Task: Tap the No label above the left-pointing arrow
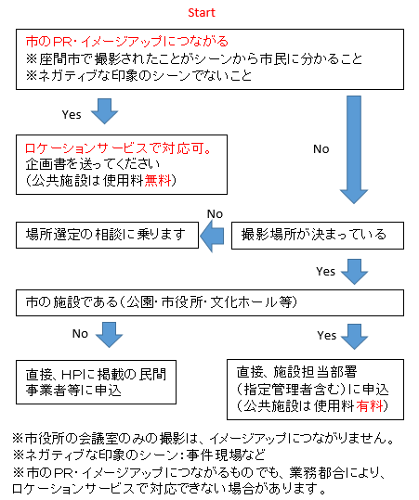coord(216,213)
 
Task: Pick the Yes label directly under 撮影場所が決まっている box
coord(325,272)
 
